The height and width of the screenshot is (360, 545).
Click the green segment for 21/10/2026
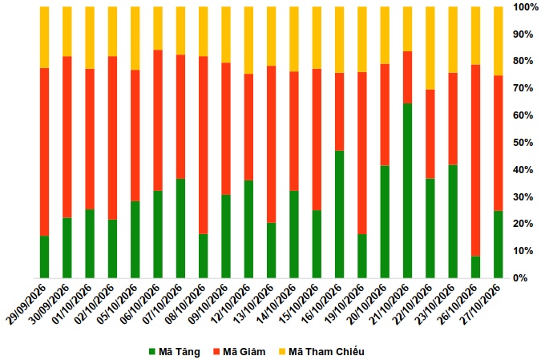click(x=407, y=191)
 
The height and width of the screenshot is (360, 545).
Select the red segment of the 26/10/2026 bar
click(x=475, y=160)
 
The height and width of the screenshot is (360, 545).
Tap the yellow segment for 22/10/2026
click(x=430, y=48)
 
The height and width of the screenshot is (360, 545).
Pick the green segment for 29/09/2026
click(x=45, y=257)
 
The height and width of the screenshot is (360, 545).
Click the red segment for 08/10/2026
click(x=204, y=145)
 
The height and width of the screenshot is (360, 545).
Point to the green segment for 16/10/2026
click(x=340, y=214)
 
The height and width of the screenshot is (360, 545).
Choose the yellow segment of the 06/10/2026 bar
click(x=158, y=28)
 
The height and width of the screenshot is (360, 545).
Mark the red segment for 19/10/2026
click(x=362, y=153)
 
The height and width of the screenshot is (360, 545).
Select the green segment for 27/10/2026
click(x=498, y=245)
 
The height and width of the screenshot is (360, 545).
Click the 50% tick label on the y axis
click(x=523, y=143)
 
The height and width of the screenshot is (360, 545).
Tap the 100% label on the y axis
click(x=526, y=7)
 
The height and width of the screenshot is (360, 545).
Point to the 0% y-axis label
click(x=520, y=278)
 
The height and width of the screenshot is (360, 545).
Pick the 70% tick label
click(x=523, y=88)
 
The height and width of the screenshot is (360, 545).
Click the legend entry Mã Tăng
click(x=175, y=352)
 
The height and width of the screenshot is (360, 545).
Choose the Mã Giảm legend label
click(x=240, y=352)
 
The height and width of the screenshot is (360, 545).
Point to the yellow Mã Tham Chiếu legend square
click(x=282, y=352)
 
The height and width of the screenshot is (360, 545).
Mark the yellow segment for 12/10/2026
click(x=249, y=40)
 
